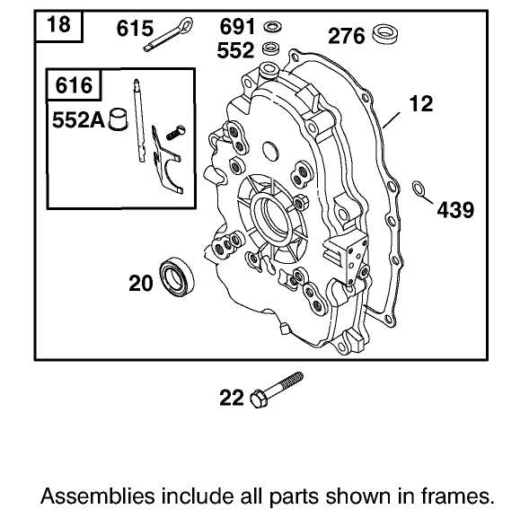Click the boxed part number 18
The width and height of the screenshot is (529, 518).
click(x=57, y=25)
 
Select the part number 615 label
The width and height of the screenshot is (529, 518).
click(x=136, y=28)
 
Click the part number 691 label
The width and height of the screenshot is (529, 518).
click(x=237, y=26)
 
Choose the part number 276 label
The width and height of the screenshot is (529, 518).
click(x=346, y=36)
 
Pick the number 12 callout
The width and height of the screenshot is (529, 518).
click(x=420, y=104)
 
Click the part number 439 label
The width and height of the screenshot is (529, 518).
click(x=455, y=210)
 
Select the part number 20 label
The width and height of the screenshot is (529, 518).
click(x=140, y=284)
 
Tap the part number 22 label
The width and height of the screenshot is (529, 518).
click(x=232, y=396)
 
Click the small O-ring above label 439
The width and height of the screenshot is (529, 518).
click(x=419, y=188)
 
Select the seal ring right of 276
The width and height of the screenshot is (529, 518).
click(x=387, y=35)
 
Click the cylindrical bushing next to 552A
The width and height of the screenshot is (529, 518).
click(x=116, y=119)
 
